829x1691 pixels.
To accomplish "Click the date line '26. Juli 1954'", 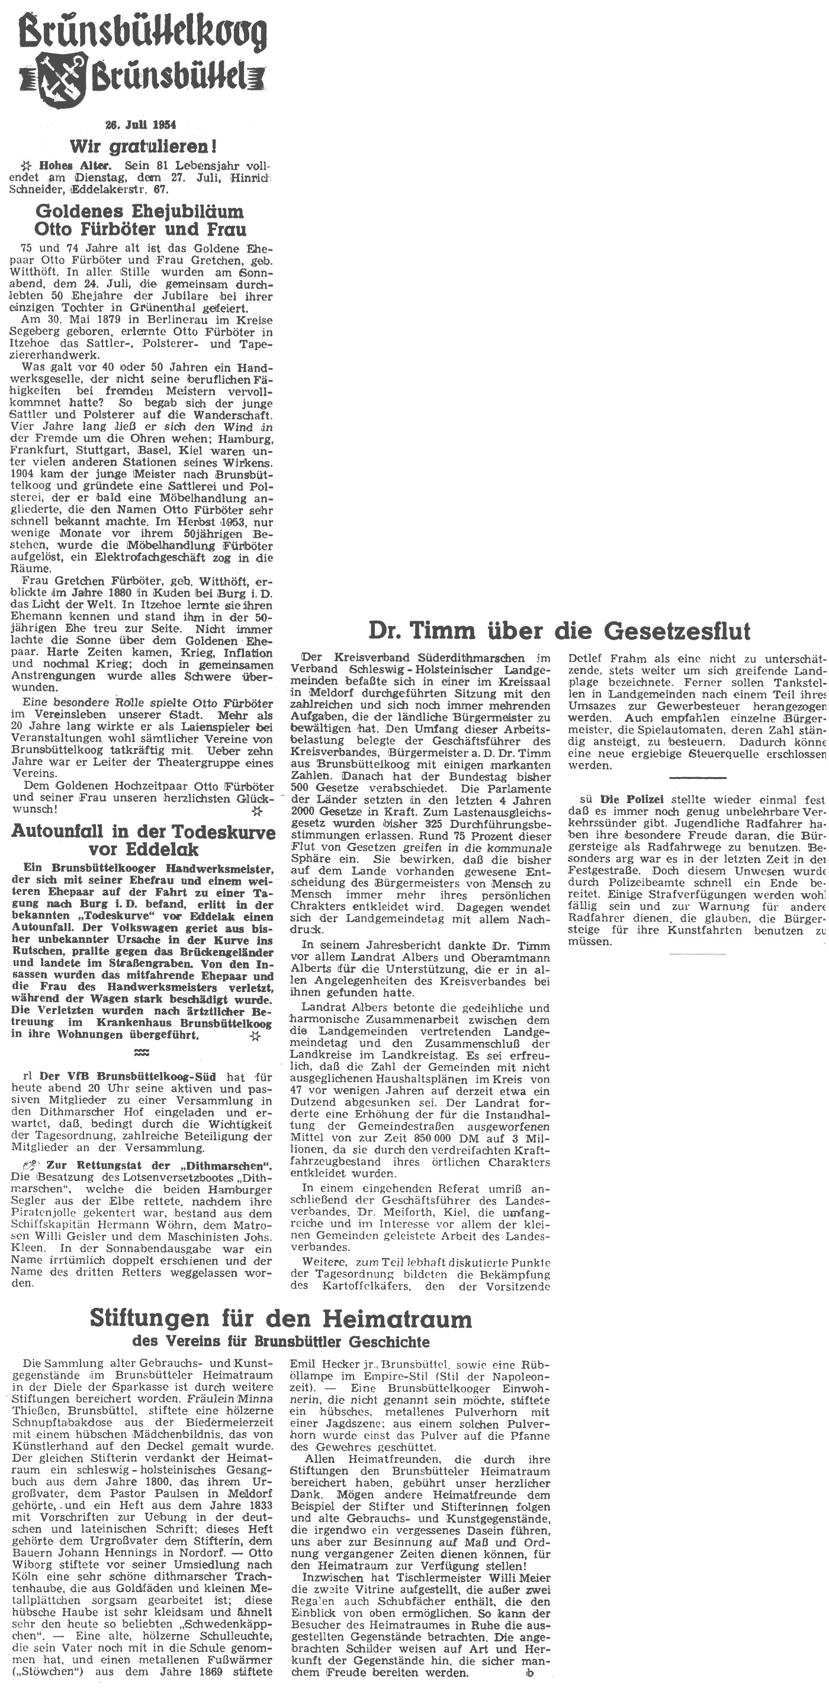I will pos(141,125).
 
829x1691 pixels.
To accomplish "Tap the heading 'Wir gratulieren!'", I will pos(143,145).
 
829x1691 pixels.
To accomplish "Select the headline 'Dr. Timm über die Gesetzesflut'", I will pos(559,631).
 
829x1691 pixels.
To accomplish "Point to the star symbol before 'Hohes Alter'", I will pos(26,166).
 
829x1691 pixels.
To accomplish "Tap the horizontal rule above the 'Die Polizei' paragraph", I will pos(697,778).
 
